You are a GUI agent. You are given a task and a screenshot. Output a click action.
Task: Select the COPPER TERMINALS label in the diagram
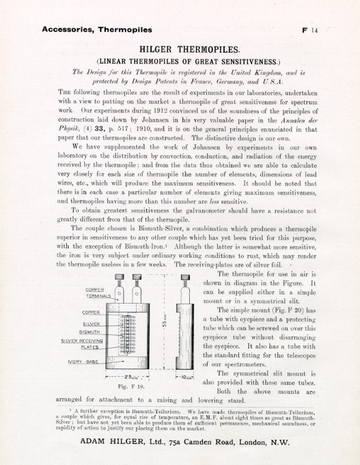[99, 292]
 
